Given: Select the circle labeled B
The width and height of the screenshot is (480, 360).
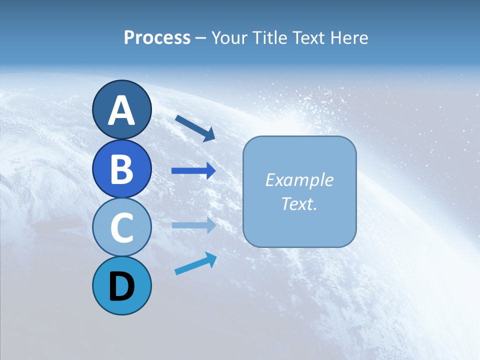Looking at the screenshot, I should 121,168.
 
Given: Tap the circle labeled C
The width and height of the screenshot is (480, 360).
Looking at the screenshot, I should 121,227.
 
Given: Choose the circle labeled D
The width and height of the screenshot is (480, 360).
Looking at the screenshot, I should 121,285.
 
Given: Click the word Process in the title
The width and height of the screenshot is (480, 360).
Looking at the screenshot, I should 157,37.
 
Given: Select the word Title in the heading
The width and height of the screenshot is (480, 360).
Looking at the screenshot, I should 268,37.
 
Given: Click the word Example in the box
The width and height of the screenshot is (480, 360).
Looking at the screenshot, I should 299,180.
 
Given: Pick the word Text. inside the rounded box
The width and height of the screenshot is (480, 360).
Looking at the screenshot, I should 299,203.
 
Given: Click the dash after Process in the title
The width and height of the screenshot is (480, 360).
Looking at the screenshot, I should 200,38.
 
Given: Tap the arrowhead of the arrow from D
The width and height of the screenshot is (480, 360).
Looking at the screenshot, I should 211,259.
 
